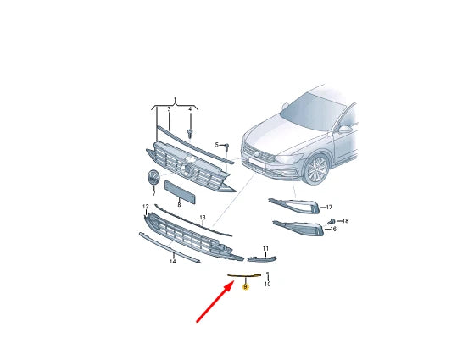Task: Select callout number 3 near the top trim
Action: (168, 110)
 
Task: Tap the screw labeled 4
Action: (190, 133)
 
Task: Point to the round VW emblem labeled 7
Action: (154, 179)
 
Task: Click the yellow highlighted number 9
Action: (246, 288)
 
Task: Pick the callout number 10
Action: (267, 285)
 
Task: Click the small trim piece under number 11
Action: (259, 258)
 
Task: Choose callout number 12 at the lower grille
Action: (145, 207)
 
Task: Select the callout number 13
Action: (203, 218)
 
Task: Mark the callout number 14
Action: (172, 262)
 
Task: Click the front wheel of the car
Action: (316, 169)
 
